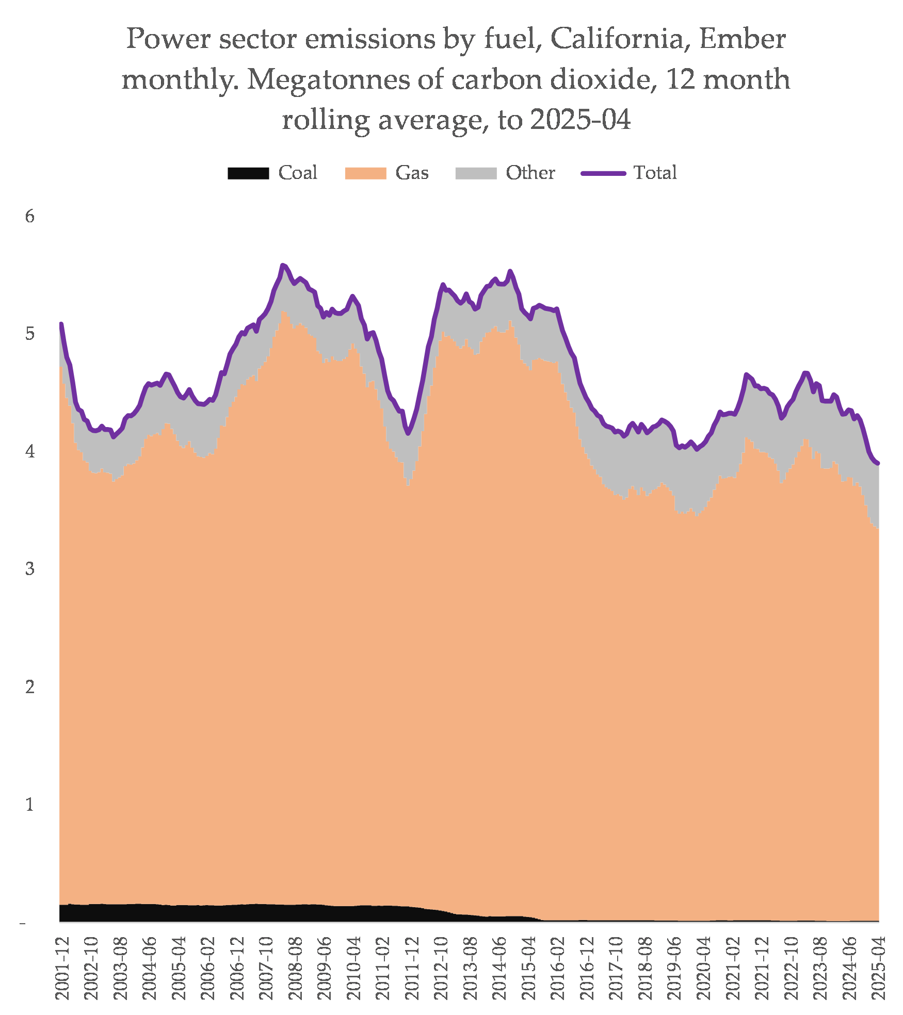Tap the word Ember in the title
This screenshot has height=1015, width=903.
[743, 39]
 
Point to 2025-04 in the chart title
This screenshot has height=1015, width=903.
[580, 120]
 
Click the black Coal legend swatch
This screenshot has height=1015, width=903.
[248, 173]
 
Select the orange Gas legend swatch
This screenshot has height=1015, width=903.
[365, 173]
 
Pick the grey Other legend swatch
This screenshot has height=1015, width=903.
[476, 173]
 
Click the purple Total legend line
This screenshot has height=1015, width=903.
[603, 173]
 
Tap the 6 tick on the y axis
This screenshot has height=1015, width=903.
[30, 217]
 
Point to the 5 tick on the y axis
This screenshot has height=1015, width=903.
[30, 334]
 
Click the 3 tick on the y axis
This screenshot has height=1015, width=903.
[30, 569]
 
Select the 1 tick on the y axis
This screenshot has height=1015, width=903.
[30, 804]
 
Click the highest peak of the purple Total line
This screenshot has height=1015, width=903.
[282, 265]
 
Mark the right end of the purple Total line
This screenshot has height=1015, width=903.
[878, 464]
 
